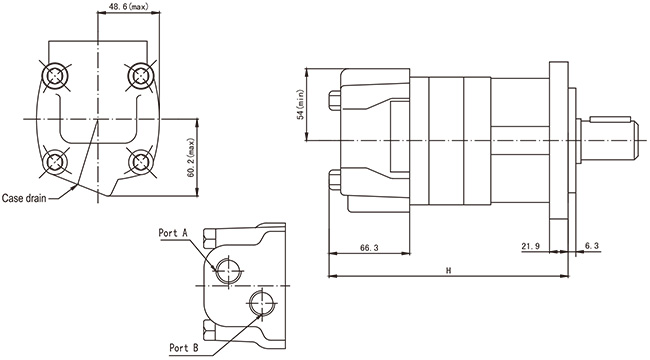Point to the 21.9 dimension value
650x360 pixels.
(x=531, y=246)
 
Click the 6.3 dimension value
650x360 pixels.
(x=591, y=246)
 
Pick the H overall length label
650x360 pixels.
(x=449, y=271)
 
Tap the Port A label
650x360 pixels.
(x=173, y=233)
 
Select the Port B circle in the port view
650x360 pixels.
(x=263, y=303)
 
